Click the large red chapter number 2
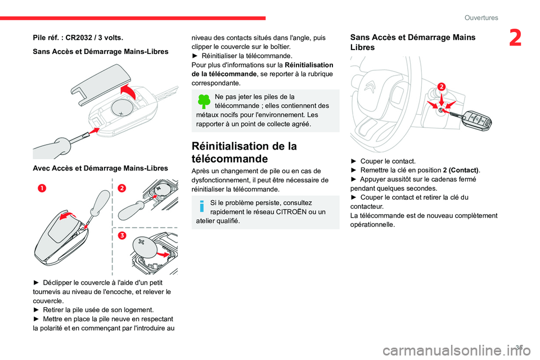515,38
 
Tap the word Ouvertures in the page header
481,17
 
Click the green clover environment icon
204,101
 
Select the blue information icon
202,206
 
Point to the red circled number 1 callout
42,188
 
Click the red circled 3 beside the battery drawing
122,235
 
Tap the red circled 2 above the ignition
442,86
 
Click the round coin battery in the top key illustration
122,107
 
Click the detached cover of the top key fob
101,83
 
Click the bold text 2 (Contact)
461,170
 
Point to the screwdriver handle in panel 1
102,202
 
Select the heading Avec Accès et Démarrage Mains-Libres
101,168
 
